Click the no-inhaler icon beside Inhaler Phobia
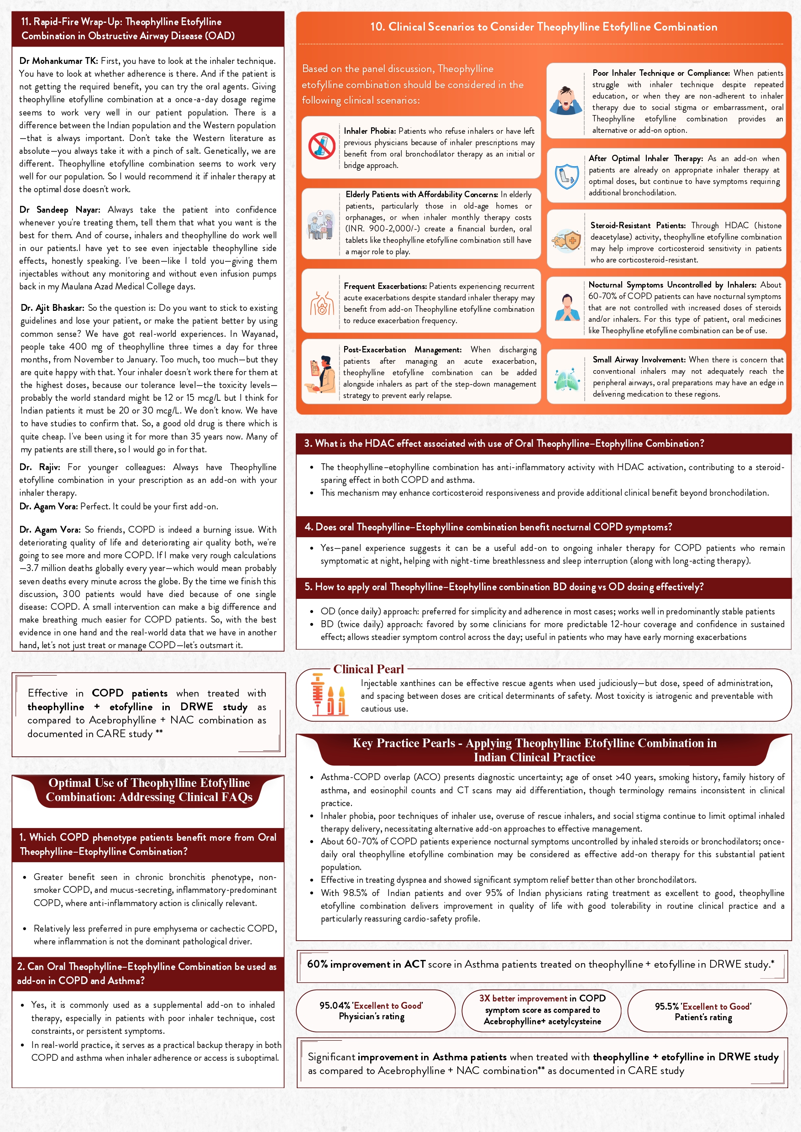(322, 146)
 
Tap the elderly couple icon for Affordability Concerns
(320, 225)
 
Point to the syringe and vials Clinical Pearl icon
(328, 695)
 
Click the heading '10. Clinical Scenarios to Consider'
(544, 26)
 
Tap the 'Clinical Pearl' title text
(368, 669)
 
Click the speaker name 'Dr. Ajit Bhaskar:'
(52, 308)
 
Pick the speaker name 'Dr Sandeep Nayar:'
(60, 210)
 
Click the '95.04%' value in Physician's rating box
(335, 1005)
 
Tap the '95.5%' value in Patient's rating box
(666, 1006)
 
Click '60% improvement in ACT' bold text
(366, 964)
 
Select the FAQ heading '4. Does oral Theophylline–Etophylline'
(488, 527)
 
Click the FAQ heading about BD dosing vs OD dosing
(503, 587)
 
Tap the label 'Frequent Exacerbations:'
(385, 286)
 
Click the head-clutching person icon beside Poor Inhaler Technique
(566, 100)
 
